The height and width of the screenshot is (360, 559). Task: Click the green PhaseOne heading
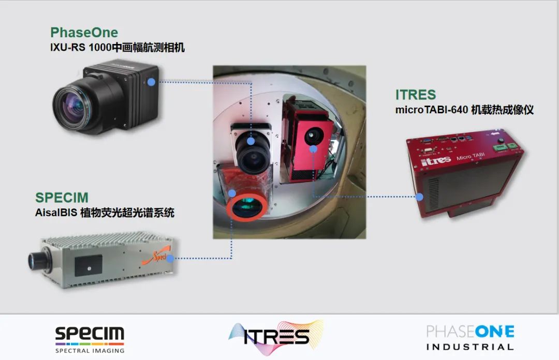tap(84, 33)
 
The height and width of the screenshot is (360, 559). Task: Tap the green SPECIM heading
tap(62, 198)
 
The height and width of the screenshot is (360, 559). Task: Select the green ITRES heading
tap(416, 95)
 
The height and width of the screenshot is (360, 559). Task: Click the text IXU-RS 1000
tap(81, 48)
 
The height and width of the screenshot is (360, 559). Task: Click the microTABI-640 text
tap(432, 110)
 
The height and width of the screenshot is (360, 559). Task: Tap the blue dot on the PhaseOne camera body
tap(151, 82)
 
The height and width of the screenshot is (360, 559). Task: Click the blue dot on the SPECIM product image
tap(170, 259)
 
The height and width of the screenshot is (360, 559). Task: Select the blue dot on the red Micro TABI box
tap(420, 197)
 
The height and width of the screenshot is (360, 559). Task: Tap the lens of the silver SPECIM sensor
tap(36, 261)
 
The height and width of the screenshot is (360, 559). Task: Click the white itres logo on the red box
tap(436, 161)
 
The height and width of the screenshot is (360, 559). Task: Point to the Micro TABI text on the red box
tap(470, 157)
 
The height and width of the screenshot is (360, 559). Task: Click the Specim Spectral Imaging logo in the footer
tap(90, 340)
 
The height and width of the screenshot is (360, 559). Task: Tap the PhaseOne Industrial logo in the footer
tap(470, 337)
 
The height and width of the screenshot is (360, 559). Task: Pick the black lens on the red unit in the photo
tap(313, 136)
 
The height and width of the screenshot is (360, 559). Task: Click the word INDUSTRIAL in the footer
tap(470, 347)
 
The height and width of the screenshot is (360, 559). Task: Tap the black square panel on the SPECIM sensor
tap(89, 265)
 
